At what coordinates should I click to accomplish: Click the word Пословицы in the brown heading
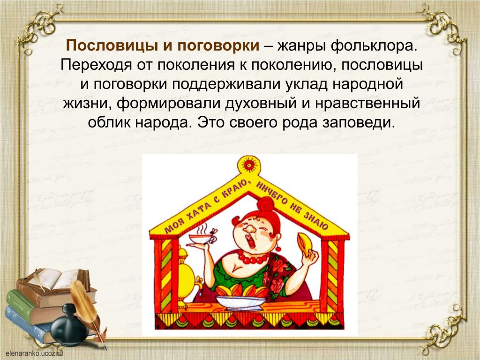click(x=112, y=46)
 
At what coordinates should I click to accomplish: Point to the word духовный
click(x=261, y=104)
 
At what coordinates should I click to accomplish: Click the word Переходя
click(x=96, y=66)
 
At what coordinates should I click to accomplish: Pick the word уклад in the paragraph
click(x=307, y=84)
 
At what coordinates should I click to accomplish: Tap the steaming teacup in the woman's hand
click(x=200, y=238)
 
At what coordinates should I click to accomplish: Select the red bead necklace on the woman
click(x=253, y=258)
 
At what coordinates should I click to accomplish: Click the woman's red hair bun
click(x=265, y=204)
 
